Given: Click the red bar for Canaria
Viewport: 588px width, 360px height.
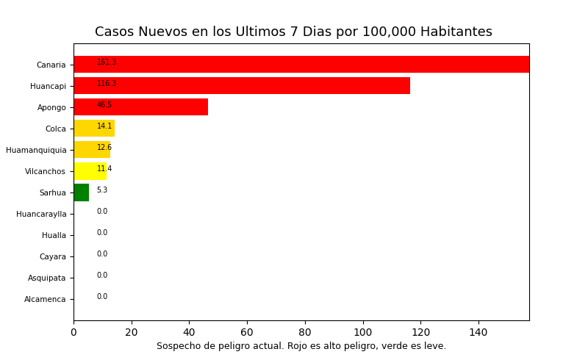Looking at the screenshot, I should click(301, 65).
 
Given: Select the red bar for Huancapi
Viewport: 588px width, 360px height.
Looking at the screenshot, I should click(242, 86).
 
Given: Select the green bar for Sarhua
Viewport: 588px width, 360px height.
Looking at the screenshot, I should click(81, 192).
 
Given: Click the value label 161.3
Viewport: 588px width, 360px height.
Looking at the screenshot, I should click(107, 62).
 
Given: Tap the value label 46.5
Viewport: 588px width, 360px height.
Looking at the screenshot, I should click(104, 105).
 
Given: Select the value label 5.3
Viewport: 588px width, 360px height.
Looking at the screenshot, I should click(102, 190).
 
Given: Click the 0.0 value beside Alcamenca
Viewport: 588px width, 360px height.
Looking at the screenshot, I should click(102, 297).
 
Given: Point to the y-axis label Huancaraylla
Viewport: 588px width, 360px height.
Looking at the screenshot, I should click(41, 215).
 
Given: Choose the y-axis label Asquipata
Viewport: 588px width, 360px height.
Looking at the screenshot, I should click(47, 278).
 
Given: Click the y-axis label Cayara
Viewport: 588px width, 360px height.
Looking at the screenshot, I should click(52, 257).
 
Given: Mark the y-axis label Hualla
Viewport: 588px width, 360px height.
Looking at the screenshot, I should click(54, 236).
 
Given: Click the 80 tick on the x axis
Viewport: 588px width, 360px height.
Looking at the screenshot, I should click(305, 332).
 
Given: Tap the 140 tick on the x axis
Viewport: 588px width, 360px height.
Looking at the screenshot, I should click(478, 332).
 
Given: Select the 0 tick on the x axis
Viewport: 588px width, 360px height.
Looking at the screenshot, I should click(73, 332).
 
